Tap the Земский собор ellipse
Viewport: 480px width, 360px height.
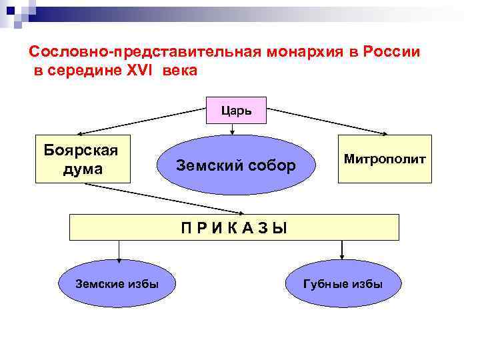(x=236, y=165)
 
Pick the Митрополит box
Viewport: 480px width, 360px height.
(x=385, y=159)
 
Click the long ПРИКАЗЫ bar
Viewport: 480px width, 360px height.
(x=235, y=227)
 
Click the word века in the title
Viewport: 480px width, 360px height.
(x=180, y=70)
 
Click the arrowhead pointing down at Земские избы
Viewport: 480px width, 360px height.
(x=119, y=257)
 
